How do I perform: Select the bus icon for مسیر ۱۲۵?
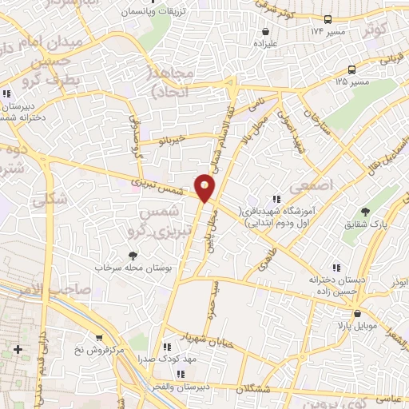click(328, 70)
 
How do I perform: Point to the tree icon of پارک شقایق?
click(366, 212)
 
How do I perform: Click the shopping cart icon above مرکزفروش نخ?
click(100, 339)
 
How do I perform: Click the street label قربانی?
click(371, 58)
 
